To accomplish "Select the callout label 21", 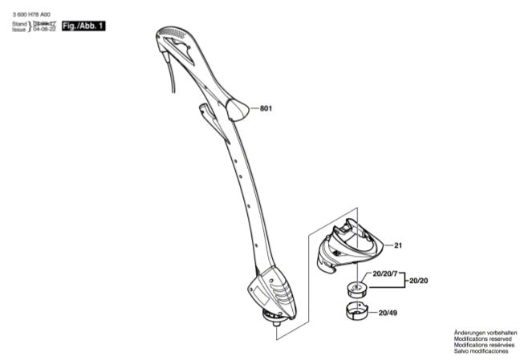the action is [x=398, y=245].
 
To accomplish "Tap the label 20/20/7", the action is [x=384, y=274].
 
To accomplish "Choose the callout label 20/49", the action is [x=388, y=313].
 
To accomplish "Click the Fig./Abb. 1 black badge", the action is [x=83, y=26].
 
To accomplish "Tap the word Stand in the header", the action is [x=19, y=24].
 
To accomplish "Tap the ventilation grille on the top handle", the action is [x=173, y=36].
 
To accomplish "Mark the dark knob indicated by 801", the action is [x=238, y=107].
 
